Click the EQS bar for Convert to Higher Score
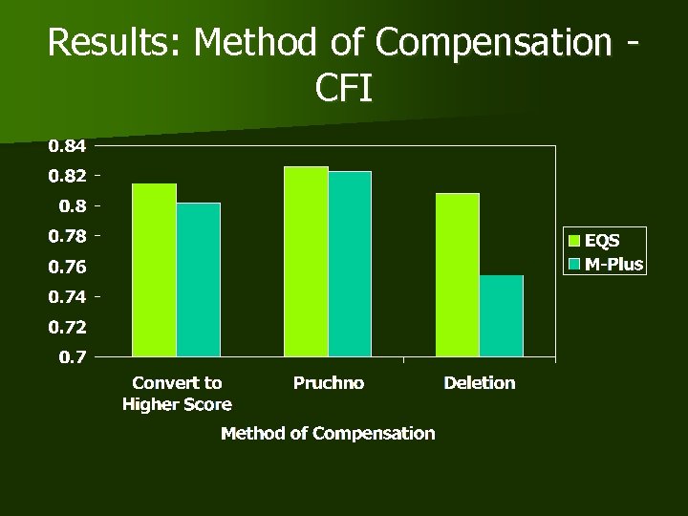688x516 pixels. pyautogui.click(x=154, y=270)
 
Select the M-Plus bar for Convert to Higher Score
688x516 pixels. pyautogui.click(x=198, y=280)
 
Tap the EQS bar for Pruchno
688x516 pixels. pyautogui.click(x=306, y=263)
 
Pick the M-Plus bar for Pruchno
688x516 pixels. pyautogui.click(x=350, y=265)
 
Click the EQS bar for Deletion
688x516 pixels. pyautogui.click(x=458, y=276)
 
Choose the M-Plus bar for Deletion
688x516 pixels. pyautogui.click(x=502, y=317)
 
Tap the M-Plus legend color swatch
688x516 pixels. pyautogui.click(x=575, y=263)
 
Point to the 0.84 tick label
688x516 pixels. pyautogui.click(x=67, y=146)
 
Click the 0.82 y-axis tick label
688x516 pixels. pyautogui.click(x=67, y=177)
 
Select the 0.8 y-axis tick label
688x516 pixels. pyautogui.click(x=73, y=206)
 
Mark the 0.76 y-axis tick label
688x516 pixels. pyautogui.click(x=67, y=267)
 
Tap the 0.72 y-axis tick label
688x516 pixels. pyautogui.click(x=67, y=328)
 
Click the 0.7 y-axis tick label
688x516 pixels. pyautogui.click(x=73, y=357)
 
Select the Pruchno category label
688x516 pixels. pyautogui.click(x=328, y=383)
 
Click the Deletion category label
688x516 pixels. pyautogui.click(x=480, y=383)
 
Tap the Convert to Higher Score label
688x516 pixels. pyautogui.click(x=177, y=393)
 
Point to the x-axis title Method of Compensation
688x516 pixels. pyautogui.click(x=328, y=434)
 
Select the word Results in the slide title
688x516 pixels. pyautogui.click(x=99, y=42)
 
